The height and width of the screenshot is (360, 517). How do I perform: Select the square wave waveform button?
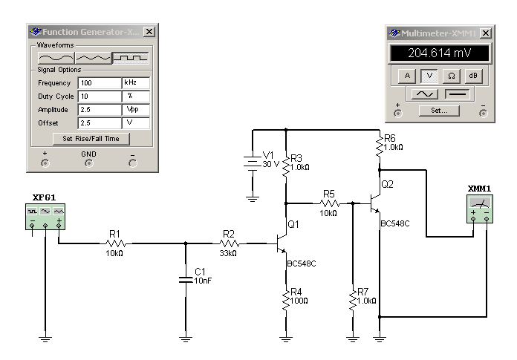(x=130, y=57)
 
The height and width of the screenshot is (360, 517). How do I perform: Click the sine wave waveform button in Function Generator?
(x=56, y=57)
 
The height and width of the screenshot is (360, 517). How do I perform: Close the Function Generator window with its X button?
(x=149, y=32)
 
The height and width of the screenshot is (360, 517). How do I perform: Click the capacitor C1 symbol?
(x=185, y=280)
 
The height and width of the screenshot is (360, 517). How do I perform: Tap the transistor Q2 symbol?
(x=375, y=201)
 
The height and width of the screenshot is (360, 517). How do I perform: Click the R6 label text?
(x=390, y=139)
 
